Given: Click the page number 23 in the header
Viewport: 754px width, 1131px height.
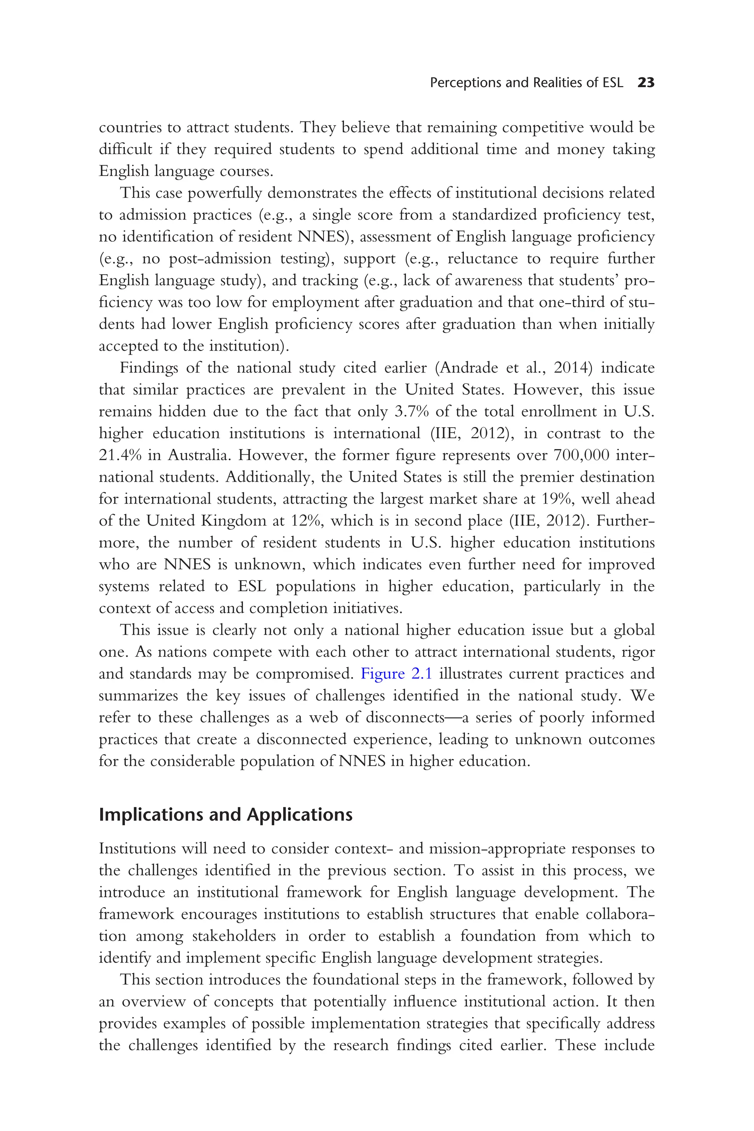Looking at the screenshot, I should click(x=646, y=83).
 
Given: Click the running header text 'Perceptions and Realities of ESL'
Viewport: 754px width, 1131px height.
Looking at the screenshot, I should click(x=526, y=83).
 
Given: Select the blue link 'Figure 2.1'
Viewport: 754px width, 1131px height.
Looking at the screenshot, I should click(x=396, y=674).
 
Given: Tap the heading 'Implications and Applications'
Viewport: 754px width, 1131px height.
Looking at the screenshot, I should click(x=226, y=815).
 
